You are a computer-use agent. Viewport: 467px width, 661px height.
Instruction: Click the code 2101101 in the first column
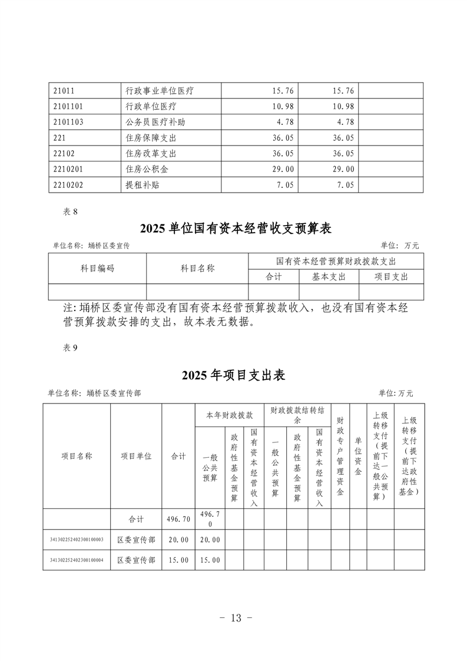[68, 106]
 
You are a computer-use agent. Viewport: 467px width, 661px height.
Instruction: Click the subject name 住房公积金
[147, 169]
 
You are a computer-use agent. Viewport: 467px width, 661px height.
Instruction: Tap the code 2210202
[68, 185]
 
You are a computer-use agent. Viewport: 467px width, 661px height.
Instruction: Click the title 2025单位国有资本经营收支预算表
[236, 228]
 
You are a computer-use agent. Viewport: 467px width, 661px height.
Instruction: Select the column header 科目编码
[97, 269]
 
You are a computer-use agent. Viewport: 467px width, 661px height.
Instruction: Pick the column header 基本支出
[329, 276]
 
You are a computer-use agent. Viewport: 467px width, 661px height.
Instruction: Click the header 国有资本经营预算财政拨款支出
[336, 261]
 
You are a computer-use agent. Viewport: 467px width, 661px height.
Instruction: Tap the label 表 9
[70, 348]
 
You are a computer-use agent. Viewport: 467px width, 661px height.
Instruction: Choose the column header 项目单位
[136, 456]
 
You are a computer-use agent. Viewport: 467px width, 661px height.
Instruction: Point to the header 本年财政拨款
[229, 415]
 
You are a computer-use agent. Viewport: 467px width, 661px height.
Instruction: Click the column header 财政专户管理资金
[340, 456]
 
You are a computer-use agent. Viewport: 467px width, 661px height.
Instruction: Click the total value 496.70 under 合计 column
[178, 519]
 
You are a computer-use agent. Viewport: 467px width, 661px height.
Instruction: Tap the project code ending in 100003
[77, 540]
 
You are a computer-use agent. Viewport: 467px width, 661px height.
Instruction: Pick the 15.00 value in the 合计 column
[178, 560]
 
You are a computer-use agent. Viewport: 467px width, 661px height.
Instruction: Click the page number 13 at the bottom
[236, 618]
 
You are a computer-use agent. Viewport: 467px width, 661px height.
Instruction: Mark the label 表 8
[70, 212]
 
